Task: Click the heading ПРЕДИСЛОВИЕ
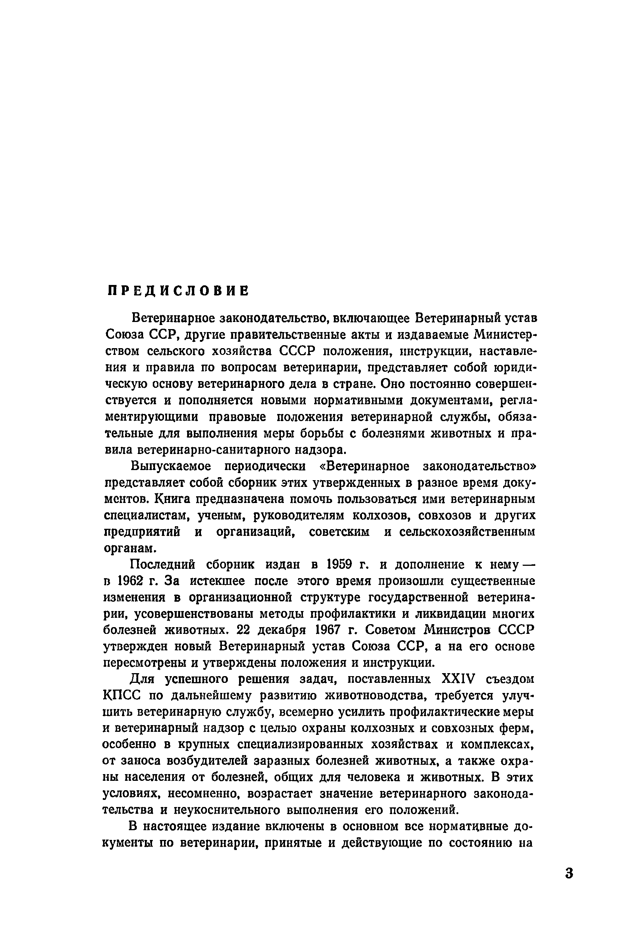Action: (x=178, y=291)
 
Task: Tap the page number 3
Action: (x=569, y=873)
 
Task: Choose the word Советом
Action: (x=391, y=630)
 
